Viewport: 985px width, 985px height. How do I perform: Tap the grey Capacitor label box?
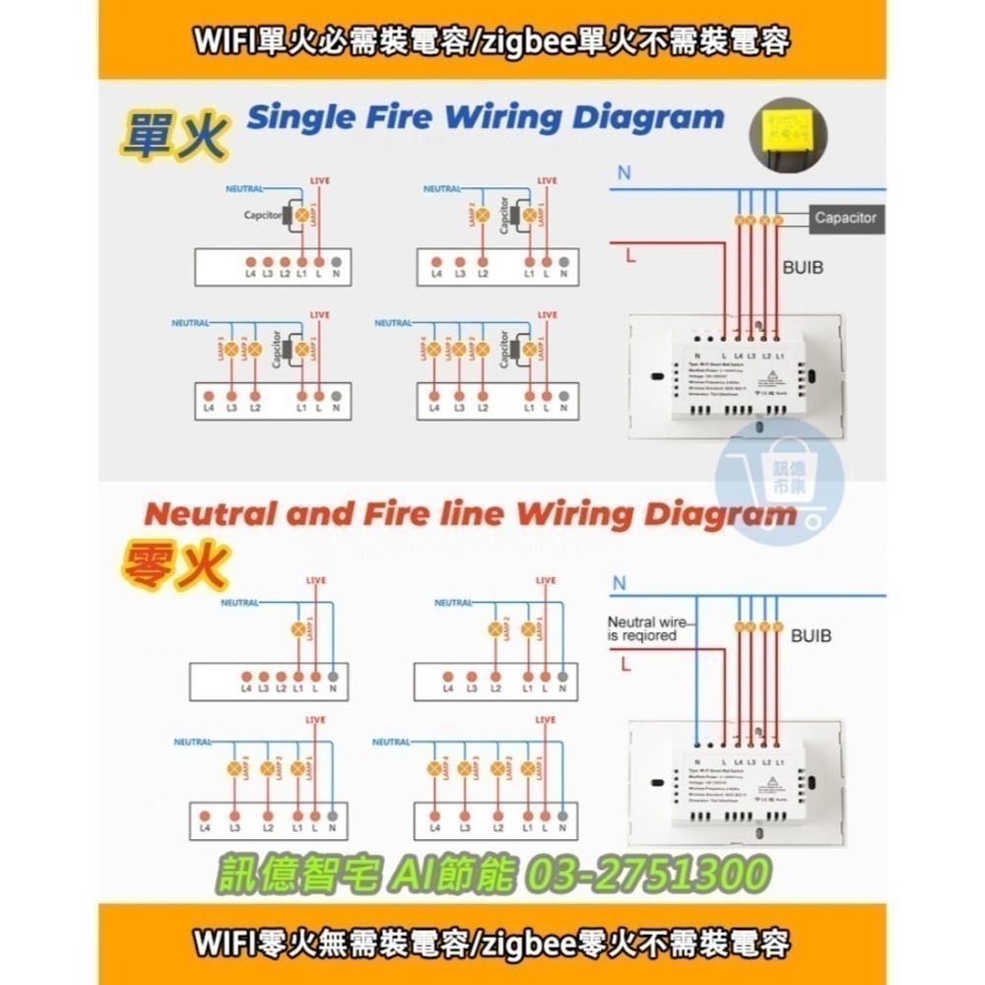pos(845,218)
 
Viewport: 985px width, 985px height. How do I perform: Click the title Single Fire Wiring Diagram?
pos(485,118)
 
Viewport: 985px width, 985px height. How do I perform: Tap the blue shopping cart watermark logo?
pos(780,480)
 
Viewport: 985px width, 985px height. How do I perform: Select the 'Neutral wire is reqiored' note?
pos(646,628)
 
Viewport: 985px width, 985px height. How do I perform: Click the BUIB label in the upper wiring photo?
pos(803,266)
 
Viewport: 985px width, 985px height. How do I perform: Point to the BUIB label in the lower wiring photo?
pos(811,635)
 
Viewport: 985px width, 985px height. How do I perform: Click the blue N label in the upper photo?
pos(624,172)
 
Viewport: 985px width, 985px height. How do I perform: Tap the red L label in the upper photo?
pos(628,255)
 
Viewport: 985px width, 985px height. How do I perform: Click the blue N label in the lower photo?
pos(619,583)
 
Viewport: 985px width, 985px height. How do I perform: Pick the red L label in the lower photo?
pos(626,665)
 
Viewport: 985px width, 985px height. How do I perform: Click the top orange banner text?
pos(492,41)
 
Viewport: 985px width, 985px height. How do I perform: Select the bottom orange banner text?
pos(492,944)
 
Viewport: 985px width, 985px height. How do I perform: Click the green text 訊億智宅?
pos(295,874)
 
